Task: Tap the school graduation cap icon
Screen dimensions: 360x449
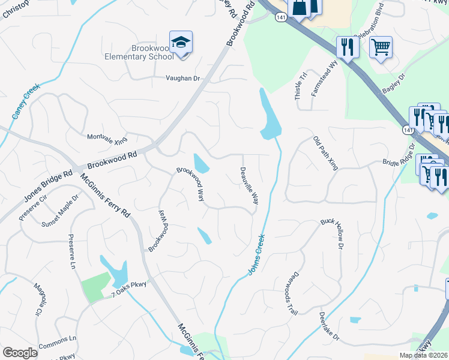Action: pyautogui.click(x=181, y=43)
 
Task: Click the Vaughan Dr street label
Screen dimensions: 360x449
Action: pyautogui.click(x=182, y=79)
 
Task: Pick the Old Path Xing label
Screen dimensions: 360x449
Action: pyautogui.click(x=325, y=153)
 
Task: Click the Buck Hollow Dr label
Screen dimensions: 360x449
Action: pyautogui.click(x=331, y=233)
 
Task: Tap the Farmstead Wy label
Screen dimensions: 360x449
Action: pyautogui.click(x=325, y=77)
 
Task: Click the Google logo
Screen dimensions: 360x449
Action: pyautogui.click(x=20, y=353)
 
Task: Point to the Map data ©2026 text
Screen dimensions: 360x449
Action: pyautogui.click(x=423, y=355)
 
